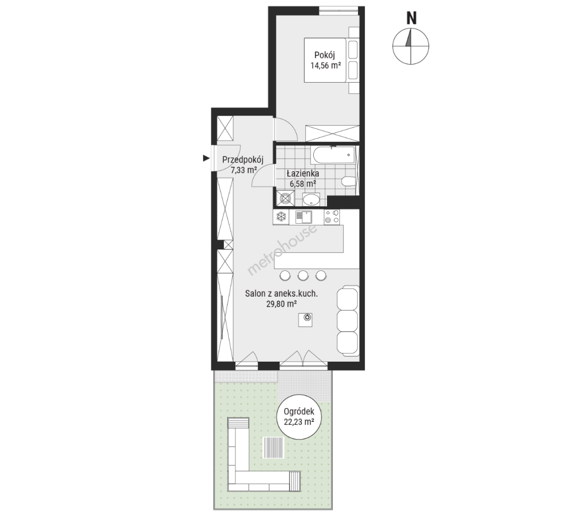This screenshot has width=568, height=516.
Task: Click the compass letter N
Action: (411, 18)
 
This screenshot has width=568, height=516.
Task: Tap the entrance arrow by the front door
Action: (206, 158)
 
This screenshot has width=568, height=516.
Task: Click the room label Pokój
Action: (325, 55)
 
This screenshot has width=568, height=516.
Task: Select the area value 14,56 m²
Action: (326, 66)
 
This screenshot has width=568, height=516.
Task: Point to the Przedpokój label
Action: (243, 160)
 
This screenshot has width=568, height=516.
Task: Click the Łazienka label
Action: (303, 173)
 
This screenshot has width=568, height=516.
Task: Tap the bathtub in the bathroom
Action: (334, 155)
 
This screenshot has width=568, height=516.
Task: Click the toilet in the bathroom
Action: (349, 181)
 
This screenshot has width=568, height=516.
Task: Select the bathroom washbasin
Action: (311, 199)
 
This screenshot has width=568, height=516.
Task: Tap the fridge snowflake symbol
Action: (282, 217)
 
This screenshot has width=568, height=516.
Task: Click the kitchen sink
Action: (304, 217)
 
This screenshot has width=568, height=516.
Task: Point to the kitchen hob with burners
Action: (332, 217)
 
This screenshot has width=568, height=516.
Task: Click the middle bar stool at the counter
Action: (303, 276)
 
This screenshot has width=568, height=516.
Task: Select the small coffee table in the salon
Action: (306, 319)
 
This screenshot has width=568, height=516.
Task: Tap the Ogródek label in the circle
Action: (299, 412)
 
